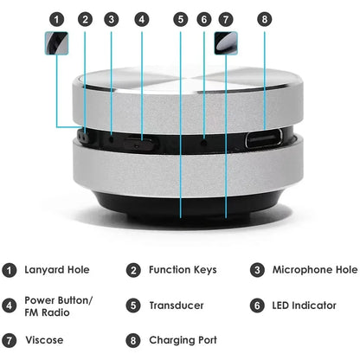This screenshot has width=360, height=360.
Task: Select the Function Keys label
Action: pos(182,270)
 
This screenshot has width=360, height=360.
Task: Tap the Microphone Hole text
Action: pos(315,270)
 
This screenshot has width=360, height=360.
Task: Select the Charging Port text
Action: pos(183,340)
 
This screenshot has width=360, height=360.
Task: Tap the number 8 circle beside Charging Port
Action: pos(132,340)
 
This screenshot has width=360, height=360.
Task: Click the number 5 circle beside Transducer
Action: pos(132,305)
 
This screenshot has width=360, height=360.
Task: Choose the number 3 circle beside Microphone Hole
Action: pos(258,270)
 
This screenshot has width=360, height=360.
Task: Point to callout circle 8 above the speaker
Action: pos(265,18)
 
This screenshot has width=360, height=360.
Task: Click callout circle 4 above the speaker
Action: pos(141,18)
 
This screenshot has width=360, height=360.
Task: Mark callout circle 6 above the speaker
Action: pos(204,18)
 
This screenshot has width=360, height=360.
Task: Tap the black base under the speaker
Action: pos(180,204)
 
